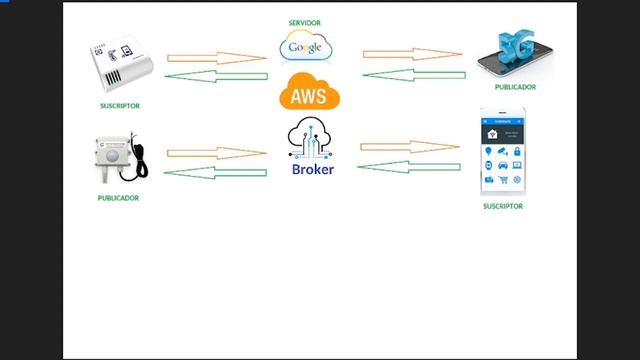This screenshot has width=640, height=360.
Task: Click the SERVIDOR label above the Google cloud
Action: click(306, 22)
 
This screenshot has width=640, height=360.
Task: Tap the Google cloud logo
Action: click(307, 46)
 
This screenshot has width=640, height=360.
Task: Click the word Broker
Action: click(312, 169)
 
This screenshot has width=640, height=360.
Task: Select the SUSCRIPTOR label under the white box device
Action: click(120, 105)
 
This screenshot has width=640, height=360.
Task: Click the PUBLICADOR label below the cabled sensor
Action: click(118, 198)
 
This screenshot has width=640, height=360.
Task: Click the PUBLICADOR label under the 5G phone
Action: click(515, 87)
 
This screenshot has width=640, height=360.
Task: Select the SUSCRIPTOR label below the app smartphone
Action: click(502, 206)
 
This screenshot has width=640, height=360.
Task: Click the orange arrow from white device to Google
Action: click(216, 58)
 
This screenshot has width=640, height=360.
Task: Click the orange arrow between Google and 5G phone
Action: click(412, 54)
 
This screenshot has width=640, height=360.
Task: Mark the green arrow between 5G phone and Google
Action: click(412, 73)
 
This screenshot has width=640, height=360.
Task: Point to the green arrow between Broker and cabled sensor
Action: click(215, 173)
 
